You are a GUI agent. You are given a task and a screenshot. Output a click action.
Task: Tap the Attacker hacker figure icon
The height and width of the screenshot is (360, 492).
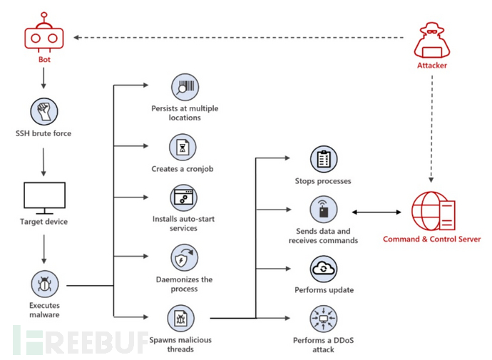(432, 40)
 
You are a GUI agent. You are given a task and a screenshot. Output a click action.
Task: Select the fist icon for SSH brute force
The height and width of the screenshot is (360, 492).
(44, 111)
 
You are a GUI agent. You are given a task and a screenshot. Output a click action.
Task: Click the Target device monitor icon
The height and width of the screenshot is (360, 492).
(44, 198)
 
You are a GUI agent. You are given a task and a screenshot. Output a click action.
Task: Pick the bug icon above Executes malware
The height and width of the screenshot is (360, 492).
(44, 284)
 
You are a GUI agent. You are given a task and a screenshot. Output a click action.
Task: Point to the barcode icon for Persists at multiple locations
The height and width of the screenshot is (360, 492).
(185, 88)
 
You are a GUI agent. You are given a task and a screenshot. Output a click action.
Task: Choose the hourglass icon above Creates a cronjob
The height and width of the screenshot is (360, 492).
(183, 148)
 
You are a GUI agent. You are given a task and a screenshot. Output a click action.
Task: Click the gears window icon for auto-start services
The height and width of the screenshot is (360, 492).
(183, 198)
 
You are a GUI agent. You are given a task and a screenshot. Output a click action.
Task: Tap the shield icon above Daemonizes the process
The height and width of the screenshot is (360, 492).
(184, 258)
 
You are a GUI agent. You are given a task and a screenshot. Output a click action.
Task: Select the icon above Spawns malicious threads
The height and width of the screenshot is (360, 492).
(180, 319)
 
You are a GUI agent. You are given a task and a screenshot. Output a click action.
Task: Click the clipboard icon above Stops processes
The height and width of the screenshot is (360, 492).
(324, 159)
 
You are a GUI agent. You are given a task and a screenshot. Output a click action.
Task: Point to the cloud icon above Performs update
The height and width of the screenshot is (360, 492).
(324, 269)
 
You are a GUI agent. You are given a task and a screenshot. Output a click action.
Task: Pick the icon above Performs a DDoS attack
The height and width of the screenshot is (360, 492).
(324, 319)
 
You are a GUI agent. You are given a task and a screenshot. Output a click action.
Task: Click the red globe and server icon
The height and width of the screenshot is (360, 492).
(434, 211)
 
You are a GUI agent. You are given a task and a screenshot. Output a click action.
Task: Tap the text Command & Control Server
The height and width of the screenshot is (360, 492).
(432, 240)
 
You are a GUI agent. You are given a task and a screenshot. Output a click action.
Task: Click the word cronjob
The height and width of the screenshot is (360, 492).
(200, 169)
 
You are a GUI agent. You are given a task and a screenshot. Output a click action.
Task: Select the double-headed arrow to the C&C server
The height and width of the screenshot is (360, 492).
(376, 212)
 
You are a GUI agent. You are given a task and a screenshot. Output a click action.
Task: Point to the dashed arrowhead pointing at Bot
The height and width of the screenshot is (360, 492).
(76, 38)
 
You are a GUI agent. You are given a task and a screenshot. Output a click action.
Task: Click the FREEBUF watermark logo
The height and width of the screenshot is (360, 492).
(81, 340)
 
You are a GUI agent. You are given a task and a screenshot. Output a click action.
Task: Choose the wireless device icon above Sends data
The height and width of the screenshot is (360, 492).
(324, 209)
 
